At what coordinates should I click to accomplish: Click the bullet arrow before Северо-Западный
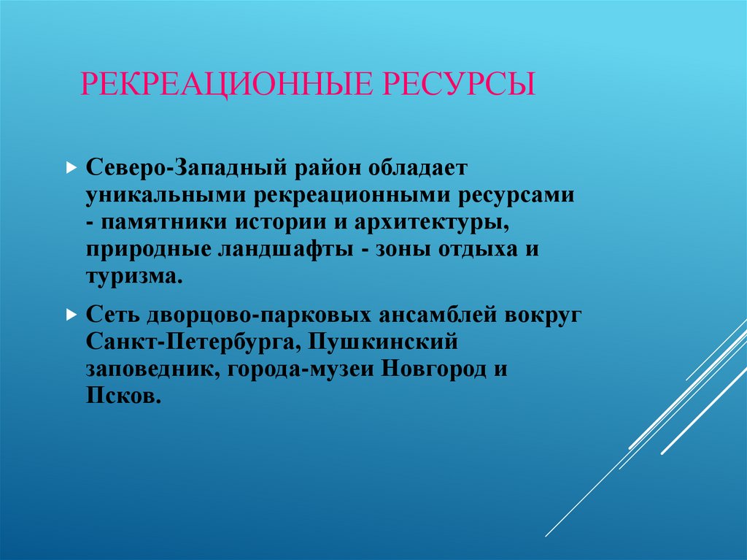click(71, 168)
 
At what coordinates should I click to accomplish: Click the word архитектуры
click(439, 222)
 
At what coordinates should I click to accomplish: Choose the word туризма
click(131, 276)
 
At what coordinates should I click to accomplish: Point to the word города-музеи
click(300, 369)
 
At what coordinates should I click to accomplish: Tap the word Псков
click(120, 396)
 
